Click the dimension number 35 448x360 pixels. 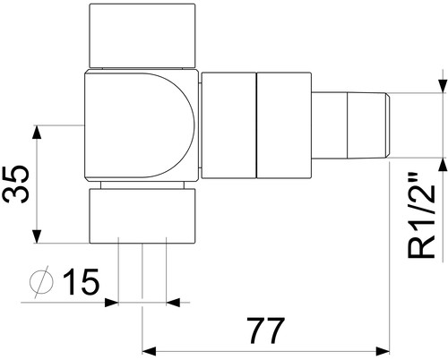16,184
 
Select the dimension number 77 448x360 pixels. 265,330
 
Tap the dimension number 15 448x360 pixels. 82,281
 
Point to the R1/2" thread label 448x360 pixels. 422,215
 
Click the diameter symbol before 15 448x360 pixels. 42,281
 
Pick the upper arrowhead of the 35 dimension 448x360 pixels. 37,133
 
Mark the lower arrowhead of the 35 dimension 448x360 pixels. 37,236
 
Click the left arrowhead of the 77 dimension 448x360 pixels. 150,351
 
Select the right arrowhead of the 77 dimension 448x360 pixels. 383,351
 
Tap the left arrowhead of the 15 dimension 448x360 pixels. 111,303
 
